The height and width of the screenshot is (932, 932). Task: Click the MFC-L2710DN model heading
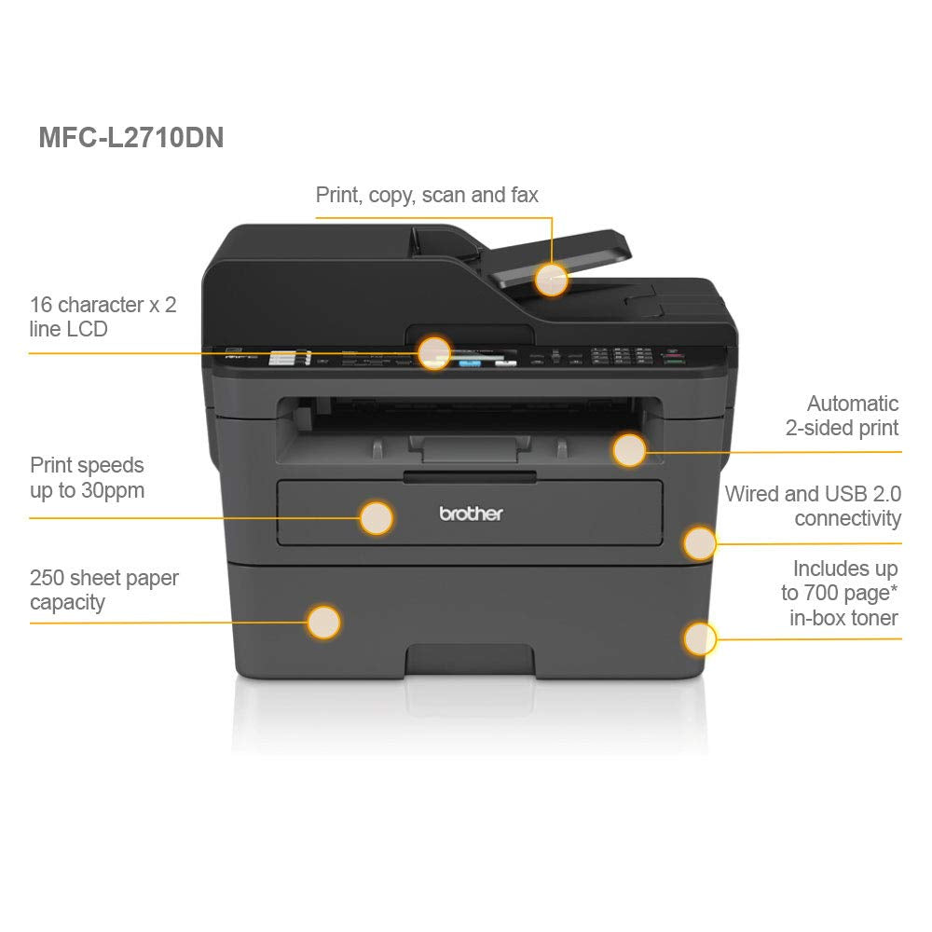pos(130,138)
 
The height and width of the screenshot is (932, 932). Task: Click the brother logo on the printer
pos(471,513)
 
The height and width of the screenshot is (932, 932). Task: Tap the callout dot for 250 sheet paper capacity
pos(323,622)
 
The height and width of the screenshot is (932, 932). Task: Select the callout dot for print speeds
pos(377,517)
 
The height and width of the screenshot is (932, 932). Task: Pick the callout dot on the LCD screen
pos(434,352)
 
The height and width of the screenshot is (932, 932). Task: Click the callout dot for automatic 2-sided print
pos(630,450)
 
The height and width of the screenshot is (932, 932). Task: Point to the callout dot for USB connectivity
pos(699,542)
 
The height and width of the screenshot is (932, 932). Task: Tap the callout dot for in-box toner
pos(699,638)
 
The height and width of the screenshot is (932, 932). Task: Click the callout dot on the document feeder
pos(552,280)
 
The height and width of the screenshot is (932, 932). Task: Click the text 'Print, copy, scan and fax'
pos(427,195)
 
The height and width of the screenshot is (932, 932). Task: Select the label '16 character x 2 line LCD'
pos(103,317)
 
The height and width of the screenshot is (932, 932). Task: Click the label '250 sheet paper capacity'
pos(104,590)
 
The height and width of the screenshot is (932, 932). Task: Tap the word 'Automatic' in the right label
pos(853,404)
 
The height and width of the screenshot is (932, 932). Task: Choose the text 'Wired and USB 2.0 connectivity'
pos(813,506)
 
